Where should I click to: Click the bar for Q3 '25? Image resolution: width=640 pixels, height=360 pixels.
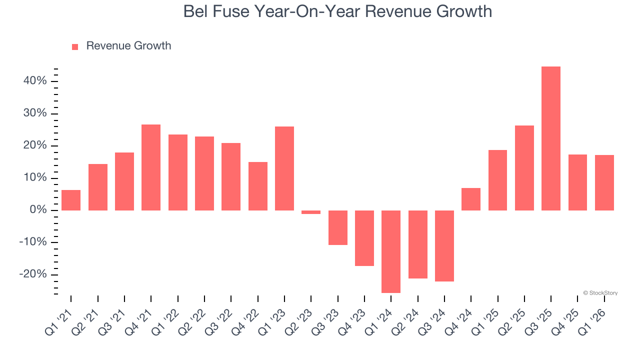pos(551,138)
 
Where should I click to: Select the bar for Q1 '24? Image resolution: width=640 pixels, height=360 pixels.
pos(391,251)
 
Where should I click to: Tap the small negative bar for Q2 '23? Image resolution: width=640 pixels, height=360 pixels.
pos(311,212)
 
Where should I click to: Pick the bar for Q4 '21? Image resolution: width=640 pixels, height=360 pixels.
pos(151,167)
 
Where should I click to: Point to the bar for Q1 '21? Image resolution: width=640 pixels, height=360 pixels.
pos(71,200)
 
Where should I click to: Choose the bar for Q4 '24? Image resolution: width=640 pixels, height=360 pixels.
pos(471,199)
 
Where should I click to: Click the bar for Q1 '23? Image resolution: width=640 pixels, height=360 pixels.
pos(284,168)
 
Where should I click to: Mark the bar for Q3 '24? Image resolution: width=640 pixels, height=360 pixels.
pos(444,245)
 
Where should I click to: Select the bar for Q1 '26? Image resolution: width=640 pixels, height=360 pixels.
pos(604,182)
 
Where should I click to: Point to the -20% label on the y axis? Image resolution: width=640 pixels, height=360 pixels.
pos(33,274)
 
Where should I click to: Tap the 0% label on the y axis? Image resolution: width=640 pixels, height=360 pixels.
pos(38,210)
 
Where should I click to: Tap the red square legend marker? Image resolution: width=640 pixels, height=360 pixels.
pos(75,47)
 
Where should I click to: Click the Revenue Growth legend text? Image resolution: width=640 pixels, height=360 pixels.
pos(128,46)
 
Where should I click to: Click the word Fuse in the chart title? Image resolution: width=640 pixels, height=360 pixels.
pos(233,11)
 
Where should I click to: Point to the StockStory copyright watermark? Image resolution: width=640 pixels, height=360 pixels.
pos(600,293)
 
